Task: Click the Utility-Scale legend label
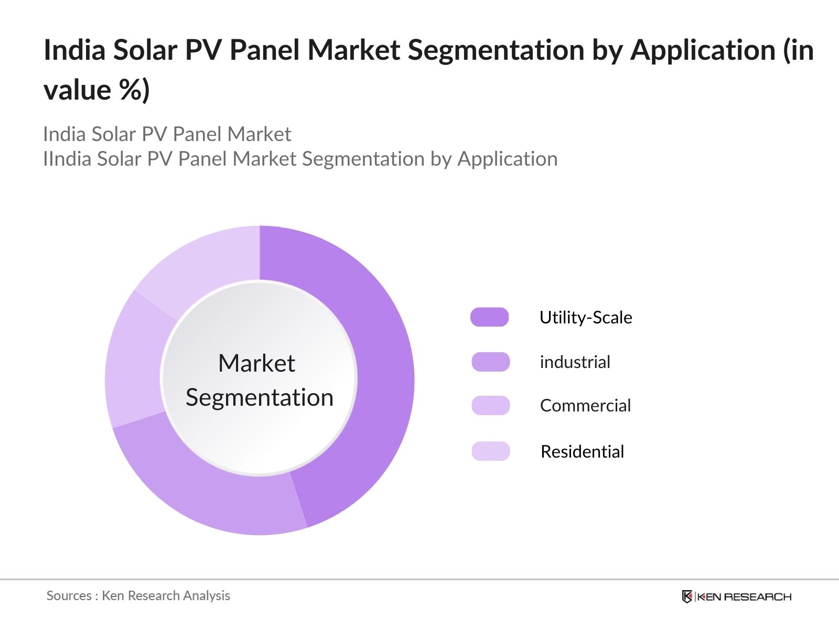click(586, 318)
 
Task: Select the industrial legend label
click(575, 362)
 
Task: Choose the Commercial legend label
click(585, 406)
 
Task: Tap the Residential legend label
click(582, 452)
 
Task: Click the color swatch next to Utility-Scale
click(490, 318)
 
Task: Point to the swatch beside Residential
click(490, 451)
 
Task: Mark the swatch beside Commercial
click(490, 406)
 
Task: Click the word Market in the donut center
click(256, 363)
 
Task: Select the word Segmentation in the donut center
click(260, 397)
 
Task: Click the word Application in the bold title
click(703, 51)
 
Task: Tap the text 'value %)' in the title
click(96, 90)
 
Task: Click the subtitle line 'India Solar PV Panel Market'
click(167, 134)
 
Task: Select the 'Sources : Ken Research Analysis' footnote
click(138, 595)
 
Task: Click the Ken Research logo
click(736, 597)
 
